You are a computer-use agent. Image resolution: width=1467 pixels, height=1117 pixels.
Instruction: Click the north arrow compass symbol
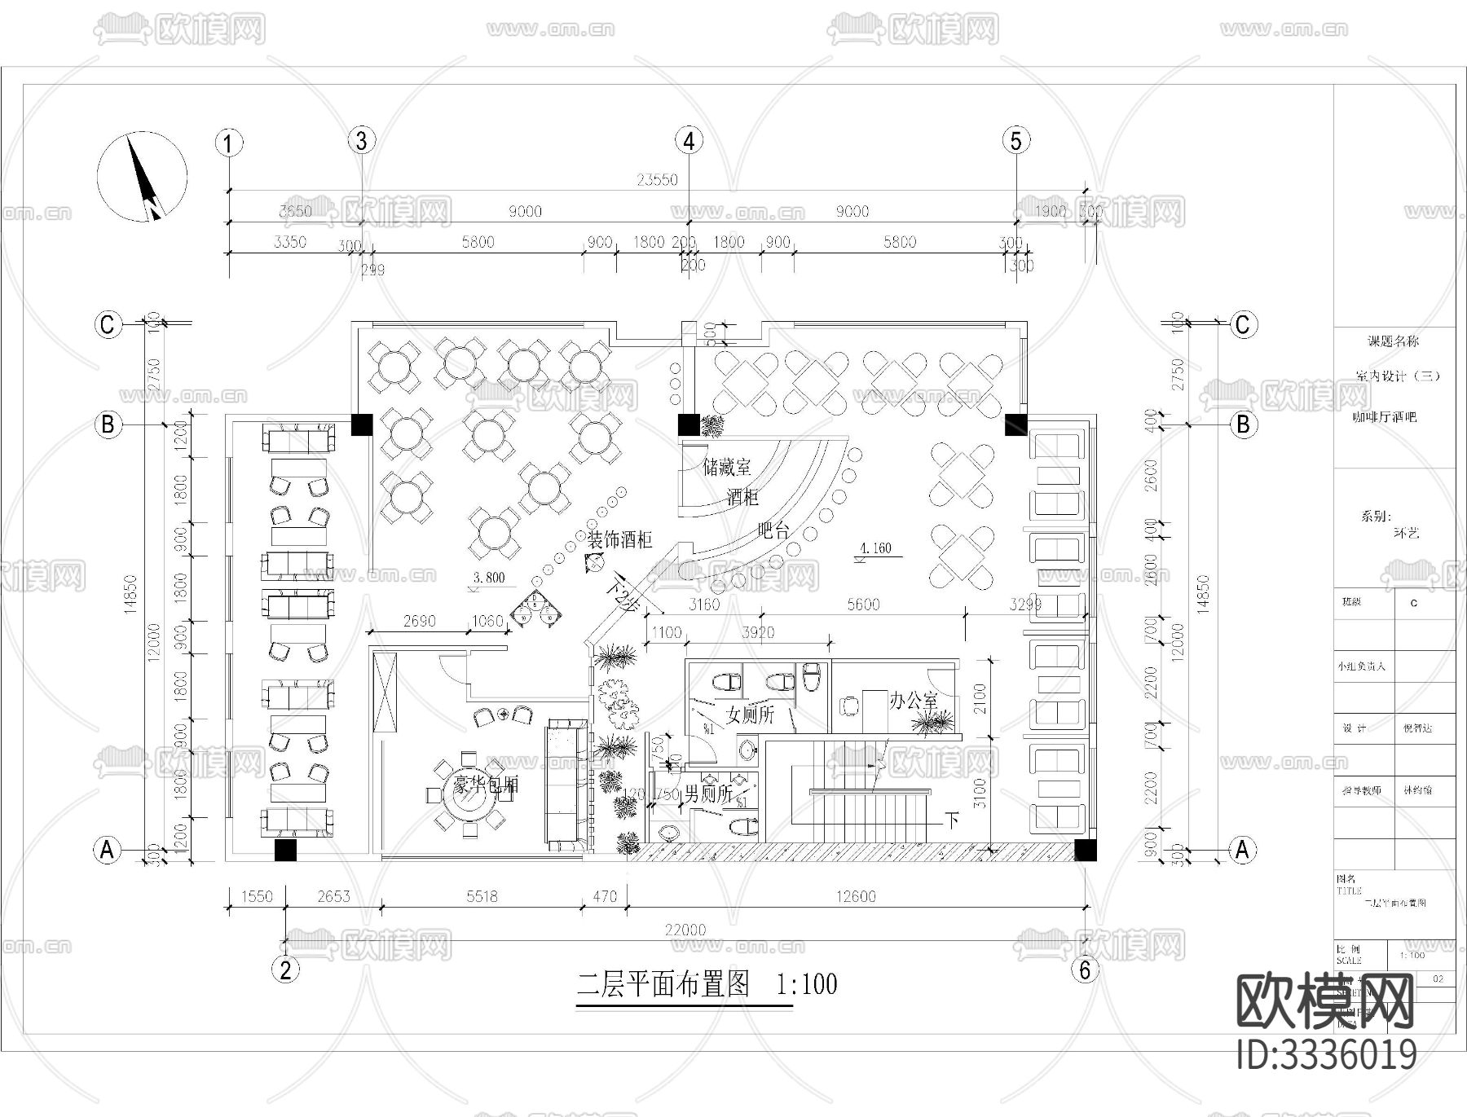143,178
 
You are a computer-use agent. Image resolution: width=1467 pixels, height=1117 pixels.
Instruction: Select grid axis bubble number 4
689,141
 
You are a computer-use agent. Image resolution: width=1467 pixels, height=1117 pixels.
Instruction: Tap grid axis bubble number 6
1085,970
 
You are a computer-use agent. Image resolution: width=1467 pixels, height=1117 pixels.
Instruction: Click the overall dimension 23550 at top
657,180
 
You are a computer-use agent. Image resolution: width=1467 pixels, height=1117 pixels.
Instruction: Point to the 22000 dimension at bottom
685,930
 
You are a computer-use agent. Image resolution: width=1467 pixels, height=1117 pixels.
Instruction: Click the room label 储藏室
727,468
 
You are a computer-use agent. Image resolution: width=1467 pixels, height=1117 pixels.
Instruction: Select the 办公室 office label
913,700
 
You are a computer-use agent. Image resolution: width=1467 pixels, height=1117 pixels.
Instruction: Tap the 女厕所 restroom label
750,715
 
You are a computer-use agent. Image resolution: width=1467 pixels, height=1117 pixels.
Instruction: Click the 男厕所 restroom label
707,794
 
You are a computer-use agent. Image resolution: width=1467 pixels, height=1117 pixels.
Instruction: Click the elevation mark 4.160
876,548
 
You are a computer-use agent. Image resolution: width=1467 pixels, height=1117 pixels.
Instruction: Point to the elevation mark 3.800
489,578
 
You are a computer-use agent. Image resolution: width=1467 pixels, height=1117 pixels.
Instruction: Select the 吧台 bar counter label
773,530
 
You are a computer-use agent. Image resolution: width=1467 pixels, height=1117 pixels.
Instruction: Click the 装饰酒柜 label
620,539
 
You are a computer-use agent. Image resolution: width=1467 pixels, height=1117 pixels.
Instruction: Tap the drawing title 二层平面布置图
663,984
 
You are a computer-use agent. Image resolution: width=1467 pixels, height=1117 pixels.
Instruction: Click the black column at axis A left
285,850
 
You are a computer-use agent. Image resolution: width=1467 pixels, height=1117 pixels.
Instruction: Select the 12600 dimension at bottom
856,896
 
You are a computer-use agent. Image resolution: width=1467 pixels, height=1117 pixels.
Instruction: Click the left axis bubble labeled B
108,424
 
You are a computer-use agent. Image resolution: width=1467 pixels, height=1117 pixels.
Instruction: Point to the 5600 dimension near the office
863,604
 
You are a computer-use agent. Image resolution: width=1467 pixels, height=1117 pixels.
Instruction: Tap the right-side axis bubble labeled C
1241,324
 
